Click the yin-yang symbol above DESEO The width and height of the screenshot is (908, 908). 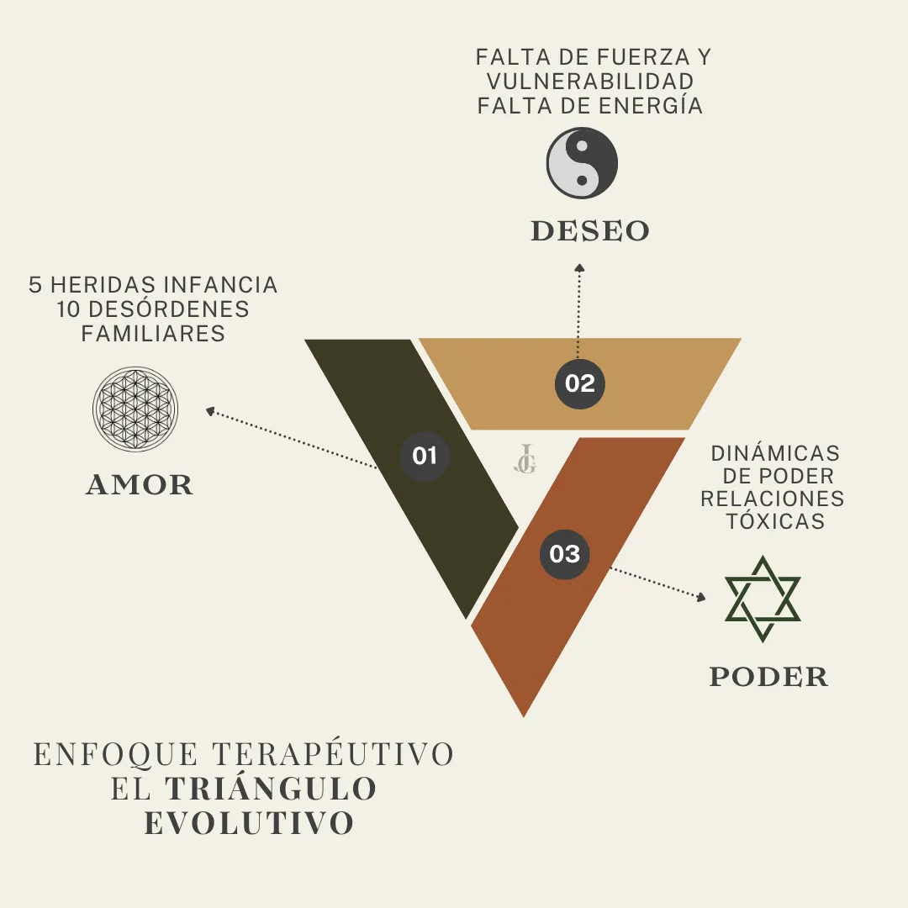coord(582,162)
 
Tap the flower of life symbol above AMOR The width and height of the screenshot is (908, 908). coord(135,409)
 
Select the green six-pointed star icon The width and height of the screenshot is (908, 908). coord(763,599)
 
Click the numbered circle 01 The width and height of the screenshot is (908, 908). coord(425,457)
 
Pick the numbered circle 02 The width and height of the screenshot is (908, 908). coord(580,384)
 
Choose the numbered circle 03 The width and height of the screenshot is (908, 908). coord(565,554)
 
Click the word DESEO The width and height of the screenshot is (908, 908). coord(590,231)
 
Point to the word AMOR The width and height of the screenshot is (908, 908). coord(140,485)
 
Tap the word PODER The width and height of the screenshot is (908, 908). coord(768,677)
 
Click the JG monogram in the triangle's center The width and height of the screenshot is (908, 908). coord(525,460)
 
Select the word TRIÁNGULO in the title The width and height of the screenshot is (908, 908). coord(271,789)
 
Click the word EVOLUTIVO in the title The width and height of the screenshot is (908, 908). coord(249,824)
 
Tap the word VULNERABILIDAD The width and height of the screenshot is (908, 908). coord(590,82)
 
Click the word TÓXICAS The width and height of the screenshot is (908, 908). coord(775,521)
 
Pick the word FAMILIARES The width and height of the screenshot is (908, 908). coord(153,333)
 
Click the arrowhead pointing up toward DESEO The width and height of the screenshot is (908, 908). coord(579,268)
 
